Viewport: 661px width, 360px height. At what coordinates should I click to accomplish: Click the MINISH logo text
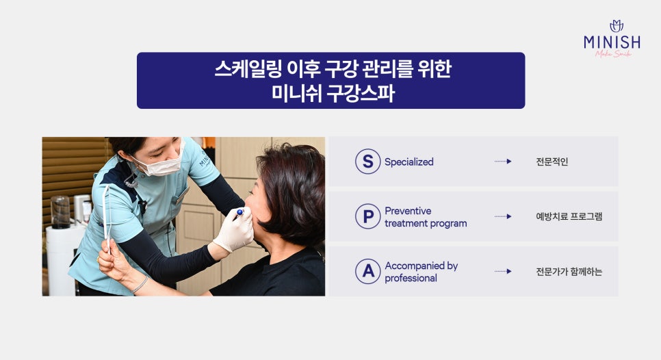point(612,42)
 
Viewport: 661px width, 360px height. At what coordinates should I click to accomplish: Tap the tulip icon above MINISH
point(617,26)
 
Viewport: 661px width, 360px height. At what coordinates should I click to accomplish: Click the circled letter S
point(367,162)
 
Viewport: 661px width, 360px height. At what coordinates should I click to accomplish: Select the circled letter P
point(367,216)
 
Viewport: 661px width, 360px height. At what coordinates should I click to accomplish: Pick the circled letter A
point(367,271)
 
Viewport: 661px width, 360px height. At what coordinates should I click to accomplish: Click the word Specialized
point(409,162)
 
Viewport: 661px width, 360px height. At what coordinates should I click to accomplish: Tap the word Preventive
point(408,211)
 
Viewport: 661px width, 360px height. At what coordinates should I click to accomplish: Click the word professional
point(411,279)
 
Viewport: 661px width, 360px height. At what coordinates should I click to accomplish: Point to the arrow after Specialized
point(503,162)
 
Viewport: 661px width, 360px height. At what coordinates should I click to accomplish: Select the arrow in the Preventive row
point(503,216)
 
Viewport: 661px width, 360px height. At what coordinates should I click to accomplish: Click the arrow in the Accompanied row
point(503,271)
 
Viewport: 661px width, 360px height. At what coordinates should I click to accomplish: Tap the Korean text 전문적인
point(552,162)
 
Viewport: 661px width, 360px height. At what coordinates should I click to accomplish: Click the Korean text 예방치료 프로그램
point(569,217)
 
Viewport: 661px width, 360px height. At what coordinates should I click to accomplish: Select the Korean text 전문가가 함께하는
point(569,272)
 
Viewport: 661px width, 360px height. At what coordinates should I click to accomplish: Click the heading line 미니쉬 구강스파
point(333,93)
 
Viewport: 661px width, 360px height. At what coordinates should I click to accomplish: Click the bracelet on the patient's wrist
point(140,284)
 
